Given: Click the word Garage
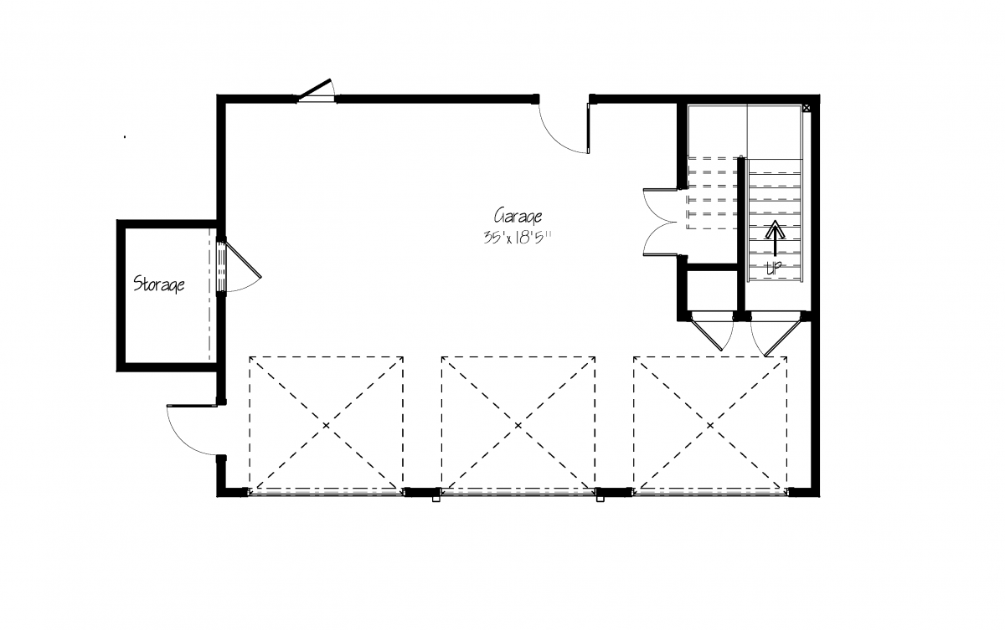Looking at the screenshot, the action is click(x=518, y=217).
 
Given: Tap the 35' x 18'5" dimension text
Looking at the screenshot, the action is click(x=518, y=238).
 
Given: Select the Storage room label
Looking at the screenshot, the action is click(x=159, y=284).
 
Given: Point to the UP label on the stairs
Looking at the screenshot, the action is click(x=774, y=268).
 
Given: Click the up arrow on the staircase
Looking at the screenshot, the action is click(x=775, y=238).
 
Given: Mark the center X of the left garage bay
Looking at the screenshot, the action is click(x=326, y=425).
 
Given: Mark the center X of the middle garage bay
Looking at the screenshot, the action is click(x=518, y=425).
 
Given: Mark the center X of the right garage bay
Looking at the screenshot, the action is click(x=710, y=425).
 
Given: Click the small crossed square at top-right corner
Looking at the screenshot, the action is click(x=807, y=108).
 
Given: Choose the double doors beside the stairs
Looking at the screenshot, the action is click(x=660, y=223).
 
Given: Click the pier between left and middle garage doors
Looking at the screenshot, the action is click(x=422, y=493).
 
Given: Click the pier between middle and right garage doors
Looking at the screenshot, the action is click(x=614, y=493).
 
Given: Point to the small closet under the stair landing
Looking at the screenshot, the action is click(x=712, y=291).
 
